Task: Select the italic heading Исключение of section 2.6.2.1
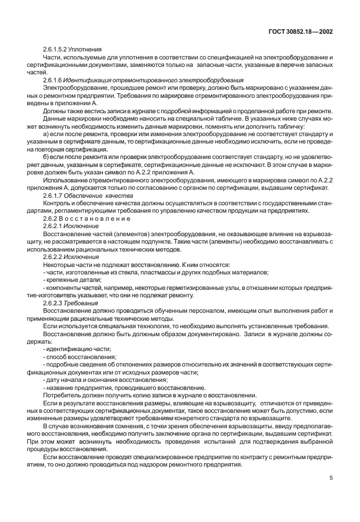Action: [x=84, y=225]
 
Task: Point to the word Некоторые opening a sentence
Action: [x=61, y=265]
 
